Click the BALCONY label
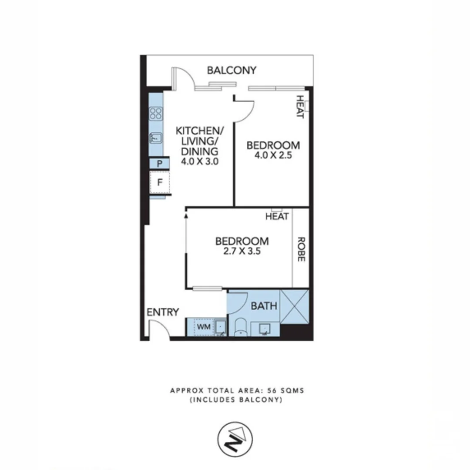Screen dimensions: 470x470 coord(232,70)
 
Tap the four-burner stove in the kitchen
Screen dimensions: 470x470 coord(156,114)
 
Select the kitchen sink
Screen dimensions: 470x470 coord(156,138)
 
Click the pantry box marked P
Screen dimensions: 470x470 coord(160,164)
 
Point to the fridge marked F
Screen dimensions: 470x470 coord(160,182)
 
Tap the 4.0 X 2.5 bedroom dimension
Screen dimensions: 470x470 coord(273,155)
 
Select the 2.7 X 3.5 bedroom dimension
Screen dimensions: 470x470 coord(242,251)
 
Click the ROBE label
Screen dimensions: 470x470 coord(300,249)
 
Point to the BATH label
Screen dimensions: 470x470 coord(264,306)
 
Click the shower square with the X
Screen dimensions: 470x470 coord(295,306)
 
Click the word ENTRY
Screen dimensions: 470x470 coord(163,312)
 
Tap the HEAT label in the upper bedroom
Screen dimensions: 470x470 coord(299,107)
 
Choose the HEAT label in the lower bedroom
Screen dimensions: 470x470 coord(277,216)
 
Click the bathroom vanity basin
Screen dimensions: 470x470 coord(264,329)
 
